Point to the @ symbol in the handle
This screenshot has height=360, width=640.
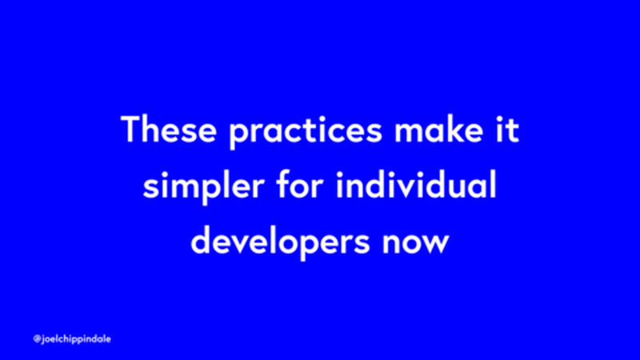pyautogui.click(x=37, y=338)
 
